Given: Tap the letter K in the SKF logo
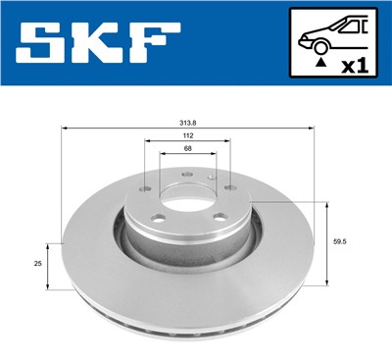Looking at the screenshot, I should [98, 42].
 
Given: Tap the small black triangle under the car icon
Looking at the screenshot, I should [319, 64].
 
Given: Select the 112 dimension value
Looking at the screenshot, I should [186, 137].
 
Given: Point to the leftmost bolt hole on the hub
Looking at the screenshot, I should [144, 189].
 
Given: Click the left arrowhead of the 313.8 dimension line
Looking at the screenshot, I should [65, 129].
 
